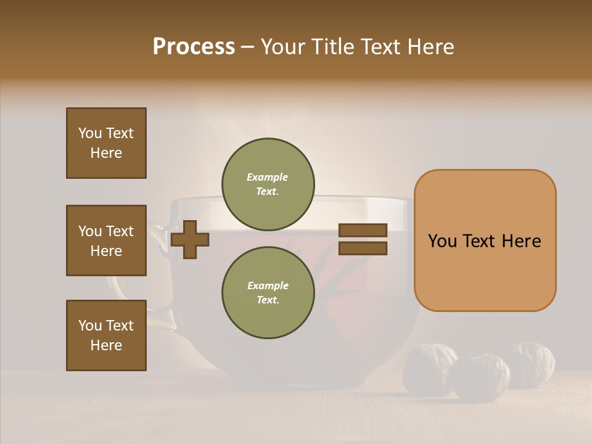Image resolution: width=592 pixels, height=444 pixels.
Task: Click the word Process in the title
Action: tap(194, 46)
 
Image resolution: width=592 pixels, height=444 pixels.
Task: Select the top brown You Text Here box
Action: tap(106, 143)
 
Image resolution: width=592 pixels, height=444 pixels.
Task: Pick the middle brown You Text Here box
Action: tap(106, 240)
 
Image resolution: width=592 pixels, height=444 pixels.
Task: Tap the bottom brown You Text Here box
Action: tap(106, 335)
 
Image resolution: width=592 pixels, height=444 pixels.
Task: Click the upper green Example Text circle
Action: tap(268, 184)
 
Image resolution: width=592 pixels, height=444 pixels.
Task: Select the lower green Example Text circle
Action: tap(268, 293)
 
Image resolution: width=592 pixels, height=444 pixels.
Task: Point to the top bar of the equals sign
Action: tap(363, 230)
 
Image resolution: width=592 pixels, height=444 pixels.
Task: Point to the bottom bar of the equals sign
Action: tap(363, 248)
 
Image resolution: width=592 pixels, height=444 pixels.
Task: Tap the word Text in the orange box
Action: tap(480, 241)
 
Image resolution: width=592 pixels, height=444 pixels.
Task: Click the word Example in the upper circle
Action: tap(268, 177)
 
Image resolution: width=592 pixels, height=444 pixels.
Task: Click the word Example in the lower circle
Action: tap(268, 286)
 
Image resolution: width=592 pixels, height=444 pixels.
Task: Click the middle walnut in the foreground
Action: tap(481, 376)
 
